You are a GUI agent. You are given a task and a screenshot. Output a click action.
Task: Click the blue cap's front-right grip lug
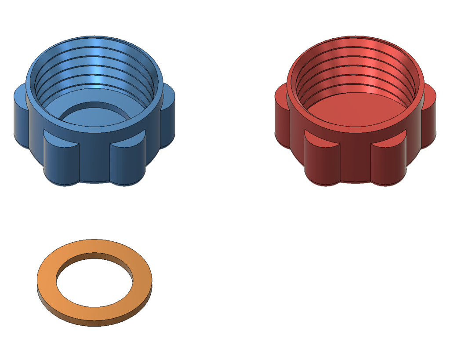pos(127,163)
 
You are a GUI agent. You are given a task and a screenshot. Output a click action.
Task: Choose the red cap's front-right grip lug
pos(389,163)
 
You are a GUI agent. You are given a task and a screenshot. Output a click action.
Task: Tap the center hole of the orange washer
pos(94,281)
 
